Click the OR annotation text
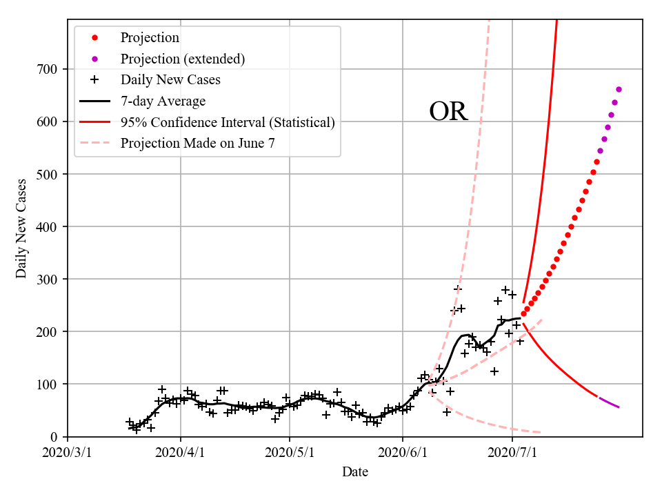(448, 111)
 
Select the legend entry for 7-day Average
(163, 101)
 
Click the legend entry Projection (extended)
(182, 59)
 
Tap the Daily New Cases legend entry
(170, 80)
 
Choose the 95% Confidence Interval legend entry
(227, 122)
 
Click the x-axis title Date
(355, 472)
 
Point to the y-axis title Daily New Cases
(22, 228)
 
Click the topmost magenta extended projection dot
(619, 89)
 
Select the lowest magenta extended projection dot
(600, 150)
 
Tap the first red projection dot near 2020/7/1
(523, 313)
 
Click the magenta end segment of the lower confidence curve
(609, 402)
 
